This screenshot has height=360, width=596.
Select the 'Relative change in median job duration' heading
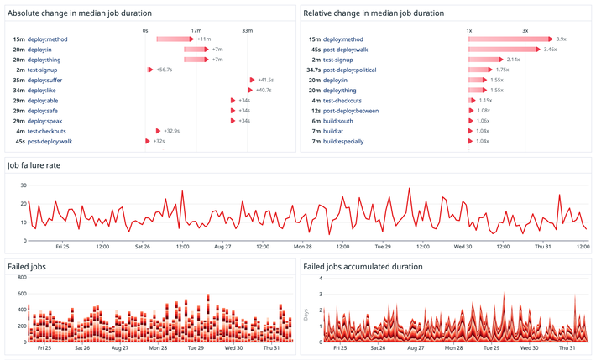point(374,13)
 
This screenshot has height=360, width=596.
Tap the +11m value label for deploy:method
point(204,39)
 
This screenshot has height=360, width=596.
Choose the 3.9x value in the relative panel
point(561,39)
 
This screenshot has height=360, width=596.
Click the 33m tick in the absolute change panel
point(248,30)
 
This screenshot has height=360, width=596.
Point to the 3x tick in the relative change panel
point(525,30)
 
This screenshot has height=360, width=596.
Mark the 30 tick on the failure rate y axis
point(24,185)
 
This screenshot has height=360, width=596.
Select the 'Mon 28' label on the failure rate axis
point(303,247)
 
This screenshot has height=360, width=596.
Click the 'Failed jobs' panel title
point(27,267)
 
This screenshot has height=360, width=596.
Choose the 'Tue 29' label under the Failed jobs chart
point(197,347)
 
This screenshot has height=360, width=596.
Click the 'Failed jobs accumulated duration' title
point(363,267)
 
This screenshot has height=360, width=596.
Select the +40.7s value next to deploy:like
point(264,90)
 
